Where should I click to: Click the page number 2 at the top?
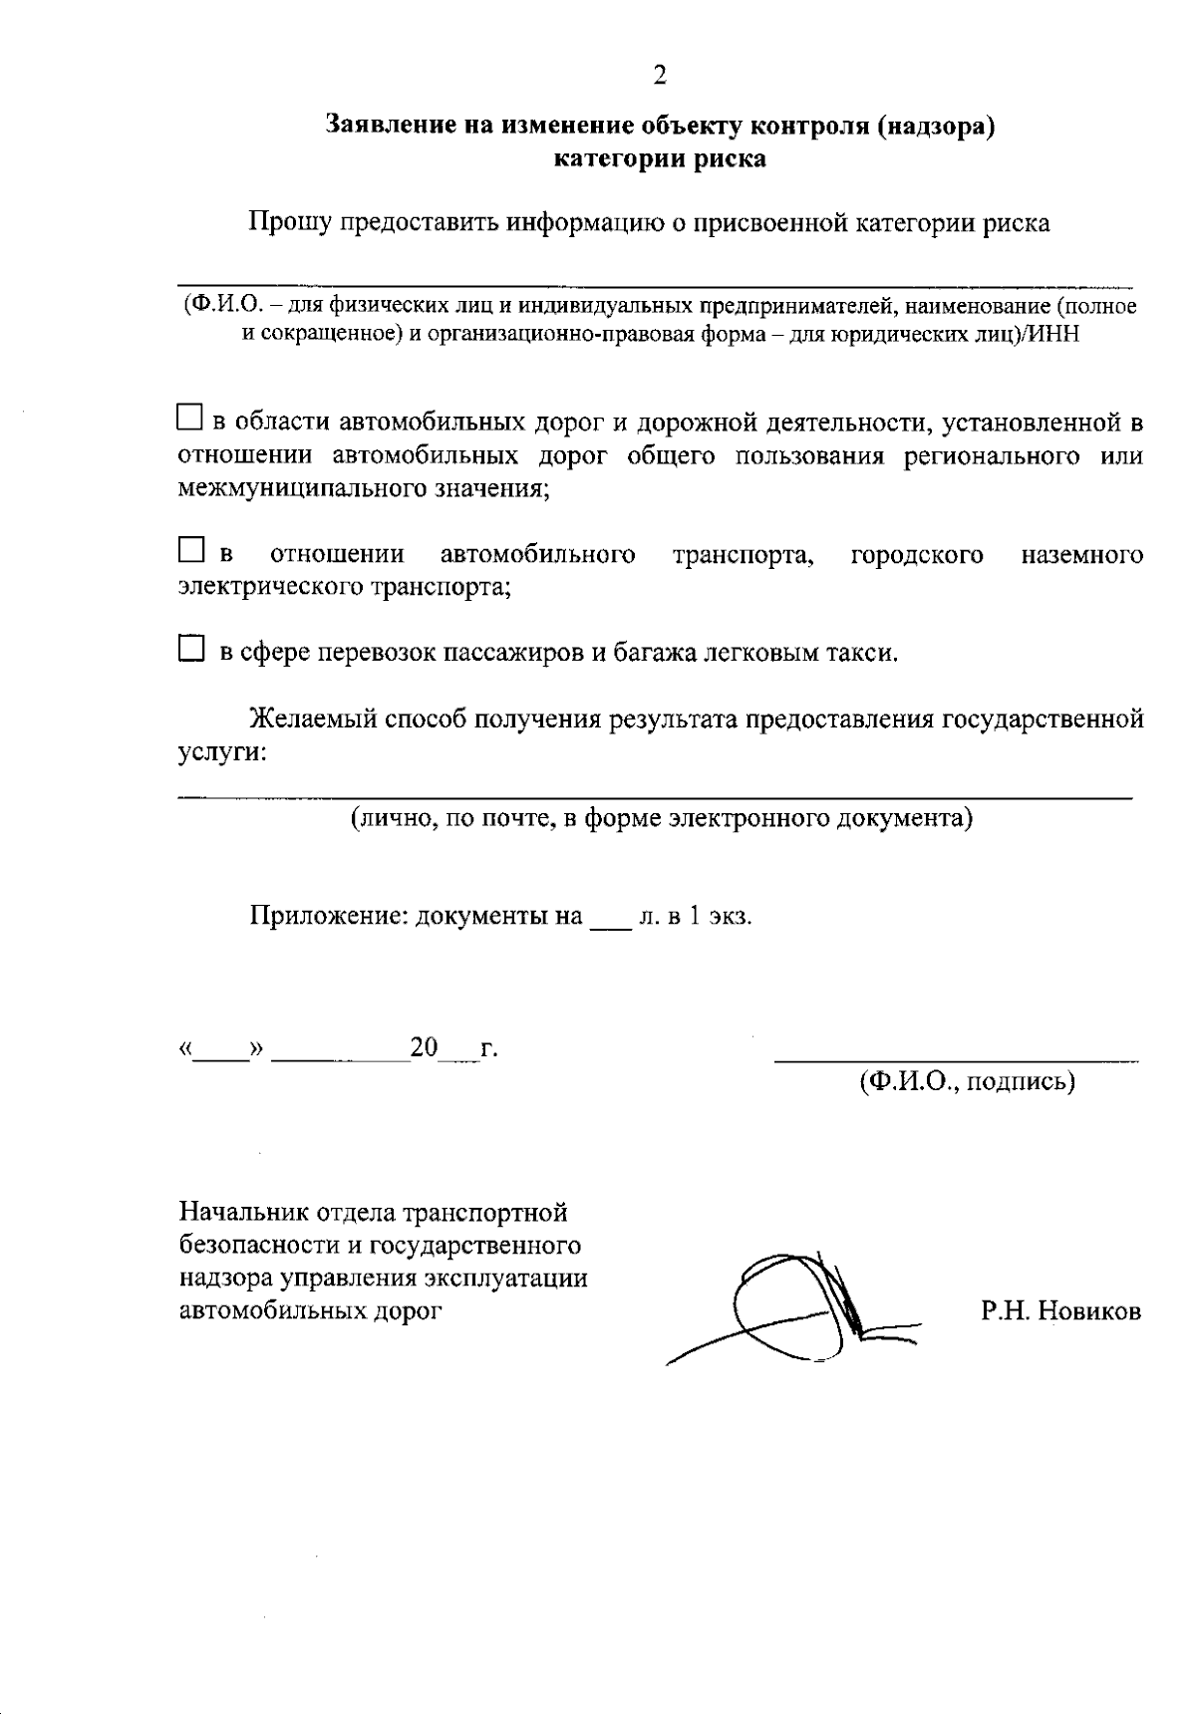(659, 76)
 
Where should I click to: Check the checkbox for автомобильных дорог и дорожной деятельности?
(189, 417)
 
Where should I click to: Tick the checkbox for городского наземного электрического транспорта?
(189, 549)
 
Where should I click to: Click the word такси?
(865, 654)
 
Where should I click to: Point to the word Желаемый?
(312, 718)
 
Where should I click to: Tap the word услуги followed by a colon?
(220, 752)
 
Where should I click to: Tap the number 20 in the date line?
(425, 1047)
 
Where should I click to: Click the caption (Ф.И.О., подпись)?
(967, 1081)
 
